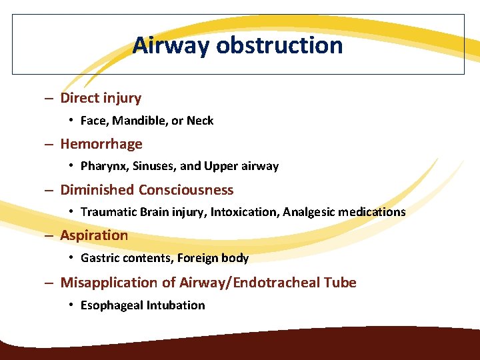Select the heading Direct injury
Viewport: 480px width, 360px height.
point(101,98)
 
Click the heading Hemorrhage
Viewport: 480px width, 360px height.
point(101,144)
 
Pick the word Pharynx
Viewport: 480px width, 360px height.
point(101,166)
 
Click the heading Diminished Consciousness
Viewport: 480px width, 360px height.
point(147,190)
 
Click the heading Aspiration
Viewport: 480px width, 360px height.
point(94,235)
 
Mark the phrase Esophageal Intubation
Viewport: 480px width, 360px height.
point(143,305)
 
